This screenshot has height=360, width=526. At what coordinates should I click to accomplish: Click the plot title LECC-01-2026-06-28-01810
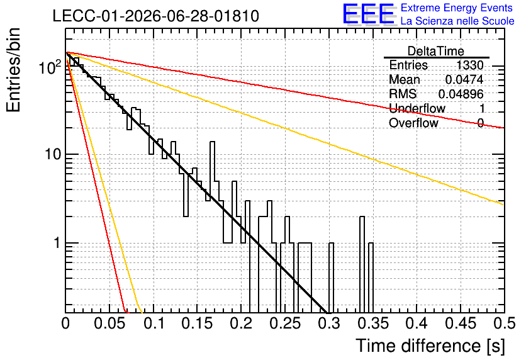[x=155, y=16]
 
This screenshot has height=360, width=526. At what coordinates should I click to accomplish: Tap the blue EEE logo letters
[x=369, y=14]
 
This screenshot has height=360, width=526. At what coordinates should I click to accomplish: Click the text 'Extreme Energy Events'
[x=457, y=8]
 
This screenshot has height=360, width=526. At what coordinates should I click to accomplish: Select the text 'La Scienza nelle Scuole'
[x=457, y=21]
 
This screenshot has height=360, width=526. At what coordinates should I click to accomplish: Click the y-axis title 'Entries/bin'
[x=13, y=70]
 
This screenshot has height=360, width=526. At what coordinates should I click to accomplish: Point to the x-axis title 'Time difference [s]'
[x=430, y=346]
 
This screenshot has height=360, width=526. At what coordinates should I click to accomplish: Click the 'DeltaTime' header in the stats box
[x=436, y=51]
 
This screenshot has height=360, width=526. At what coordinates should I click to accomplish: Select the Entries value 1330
[x=469, y=65]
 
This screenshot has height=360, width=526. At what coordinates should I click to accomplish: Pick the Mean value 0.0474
[x=464, y=79]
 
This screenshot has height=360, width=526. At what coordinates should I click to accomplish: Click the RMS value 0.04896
[x=461, y=94]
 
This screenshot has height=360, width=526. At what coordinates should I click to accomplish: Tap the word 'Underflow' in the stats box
[x=417, y=108]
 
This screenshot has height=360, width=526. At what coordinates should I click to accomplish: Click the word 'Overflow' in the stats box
[x=413, y=123]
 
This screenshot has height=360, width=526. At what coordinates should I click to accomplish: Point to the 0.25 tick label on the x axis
[x=286, y=323]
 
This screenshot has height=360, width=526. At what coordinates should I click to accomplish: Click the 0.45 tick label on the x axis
[x=461, y=323]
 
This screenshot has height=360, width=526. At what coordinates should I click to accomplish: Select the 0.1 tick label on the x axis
[x=154, y=323]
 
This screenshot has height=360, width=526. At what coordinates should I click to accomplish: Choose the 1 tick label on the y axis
[x=57, y=243]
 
